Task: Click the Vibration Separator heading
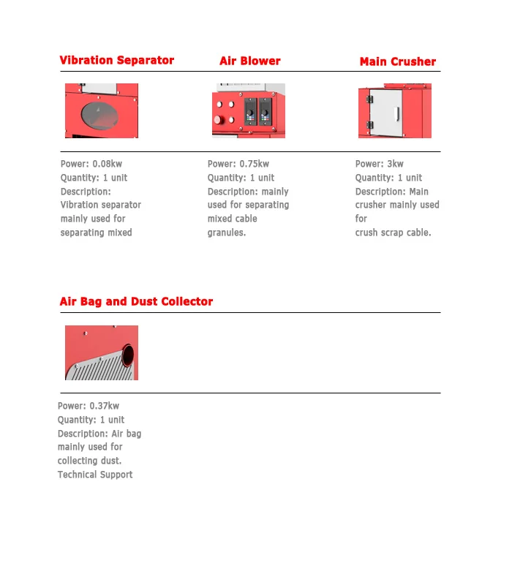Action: [x=117, y=61]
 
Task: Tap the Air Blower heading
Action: [x=249, y=61]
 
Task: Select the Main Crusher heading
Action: [x=397, y=62]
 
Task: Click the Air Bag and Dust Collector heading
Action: [x=136, y=301]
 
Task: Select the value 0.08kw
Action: [x=108, y=164]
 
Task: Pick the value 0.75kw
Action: [x=254, y=164]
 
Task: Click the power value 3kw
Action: [x=396, y=164]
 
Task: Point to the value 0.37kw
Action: [x=105, y=406]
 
